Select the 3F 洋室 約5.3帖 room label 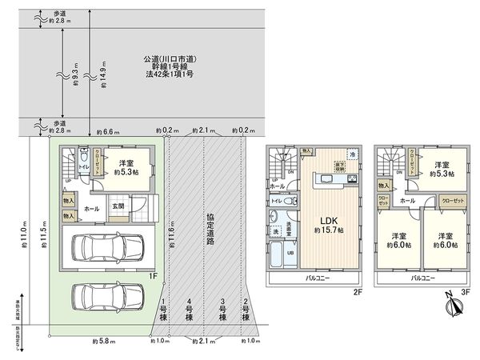pos(441,169)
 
